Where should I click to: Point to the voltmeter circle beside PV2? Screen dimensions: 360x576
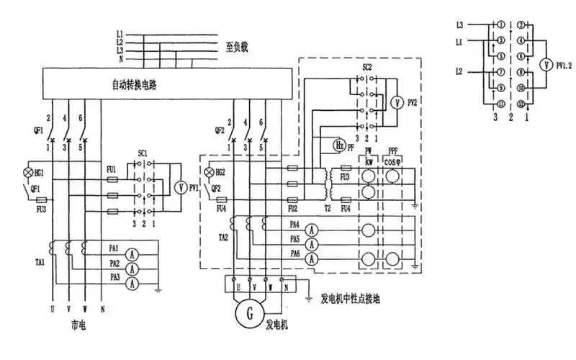click(394, 103)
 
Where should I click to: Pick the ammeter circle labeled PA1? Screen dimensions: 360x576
click(132, 253)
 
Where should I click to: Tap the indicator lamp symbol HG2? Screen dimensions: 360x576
click(210, 174)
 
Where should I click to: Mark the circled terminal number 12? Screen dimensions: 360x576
click(520, 104)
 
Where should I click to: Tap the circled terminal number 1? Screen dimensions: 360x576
click(500, 25)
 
